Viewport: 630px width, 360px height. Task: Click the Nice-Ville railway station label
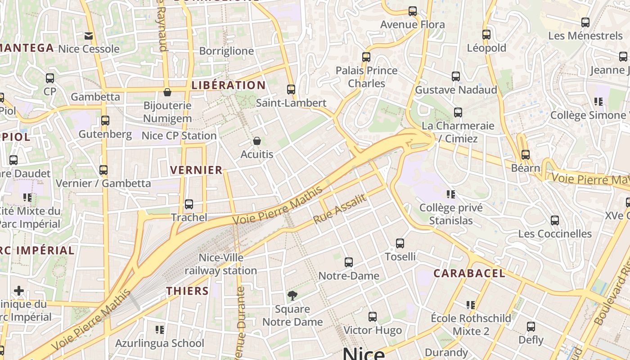pos(220,264)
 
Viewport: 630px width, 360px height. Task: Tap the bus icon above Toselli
pos(400,243)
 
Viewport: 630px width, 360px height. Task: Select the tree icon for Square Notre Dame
pos(292,295)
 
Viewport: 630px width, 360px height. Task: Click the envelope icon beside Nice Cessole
pos(89,36)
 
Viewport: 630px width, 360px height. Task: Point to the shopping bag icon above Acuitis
pos(257,141)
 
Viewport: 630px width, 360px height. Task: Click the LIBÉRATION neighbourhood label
pos(229,85)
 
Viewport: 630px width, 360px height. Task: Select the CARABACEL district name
pos(469,273)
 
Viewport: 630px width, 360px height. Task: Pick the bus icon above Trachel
pos(189,204)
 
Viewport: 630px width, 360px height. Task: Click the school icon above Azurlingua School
pos(159,330)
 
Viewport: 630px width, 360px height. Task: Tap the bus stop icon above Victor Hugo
pos(373,317)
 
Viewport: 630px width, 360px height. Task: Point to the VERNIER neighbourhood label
pos(196,170)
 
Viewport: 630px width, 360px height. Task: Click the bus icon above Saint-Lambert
pos(291,90)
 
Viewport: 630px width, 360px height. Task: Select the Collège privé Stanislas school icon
pos(451,194)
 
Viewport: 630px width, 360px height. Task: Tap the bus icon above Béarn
pos(526,155)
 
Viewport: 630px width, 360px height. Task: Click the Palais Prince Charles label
pos(367,77)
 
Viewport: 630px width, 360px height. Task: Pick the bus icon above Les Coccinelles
pos(555,220)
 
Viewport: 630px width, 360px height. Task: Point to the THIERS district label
pos(188,291)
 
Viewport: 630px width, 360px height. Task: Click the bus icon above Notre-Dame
pos(349,262)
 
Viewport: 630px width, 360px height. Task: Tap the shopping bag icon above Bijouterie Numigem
pos(167,92)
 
